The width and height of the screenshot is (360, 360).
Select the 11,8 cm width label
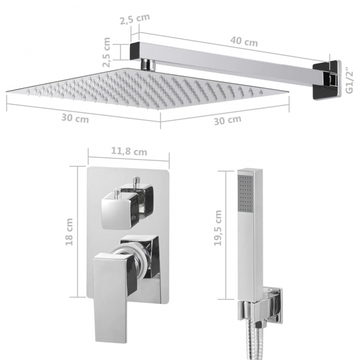129,152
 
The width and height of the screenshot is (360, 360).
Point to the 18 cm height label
69,233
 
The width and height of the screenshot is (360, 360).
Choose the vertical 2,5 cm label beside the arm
107,52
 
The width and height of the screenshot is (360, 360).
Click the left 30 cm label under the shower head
75,119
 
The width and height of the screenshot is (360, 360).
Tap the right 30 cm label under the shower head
227,119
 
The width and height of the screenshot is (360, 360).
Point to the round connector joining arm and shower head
147,64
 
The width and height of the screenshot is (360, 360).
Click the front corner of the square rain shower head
160,108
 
